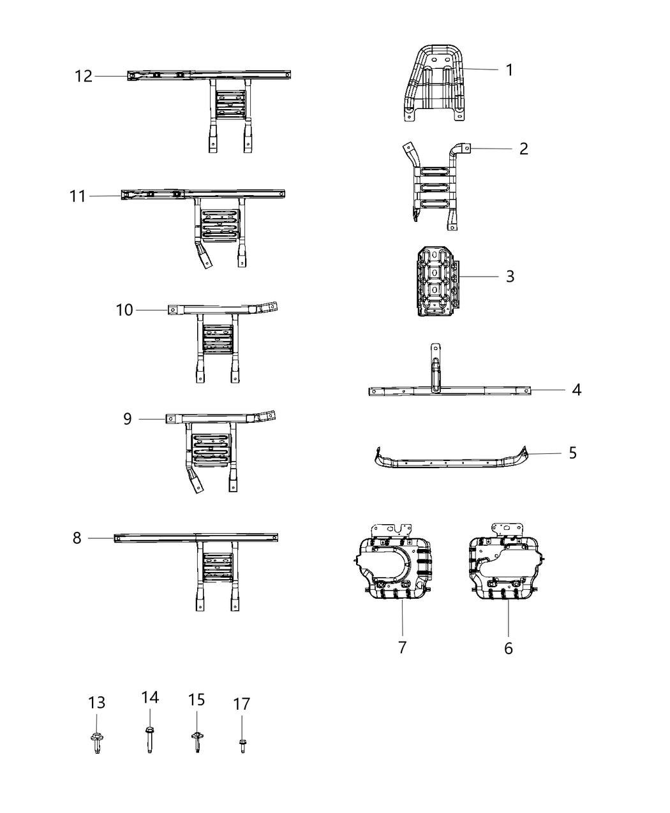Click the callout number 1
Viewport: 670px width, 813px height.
509,70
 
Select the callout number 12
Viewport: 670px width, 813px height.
84,77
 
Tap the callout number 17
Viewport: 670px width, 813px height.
242,704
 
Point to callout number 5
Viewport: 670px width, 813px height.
572,453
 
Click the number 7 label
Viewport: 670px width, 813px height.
402,648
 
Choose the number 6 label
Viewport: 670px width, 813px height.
509,648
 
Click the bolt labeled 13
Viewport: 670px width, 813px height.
96,742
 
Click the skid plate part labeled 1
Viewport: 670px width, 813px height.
434,86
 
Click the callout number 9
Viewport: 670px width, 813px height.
128,419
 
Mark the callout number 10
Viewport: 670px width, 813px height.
124,310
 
